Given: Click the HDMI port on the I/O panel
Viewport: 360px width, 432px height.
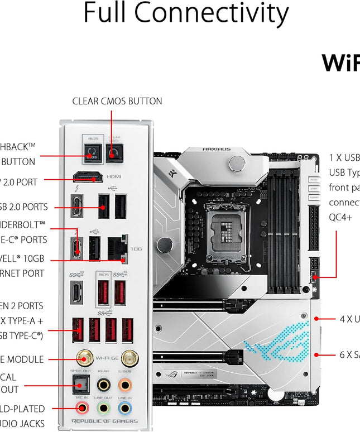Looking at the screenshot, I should [88, 177].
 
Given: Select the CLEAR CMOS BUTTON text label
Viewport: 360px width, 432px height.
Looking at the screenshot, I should [117, 101].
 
